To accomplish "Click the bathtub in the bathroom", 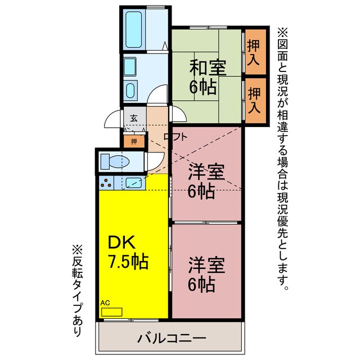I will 135,28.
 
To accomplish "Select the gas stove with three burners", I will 107,182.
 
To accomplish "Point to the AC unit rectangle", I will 111,311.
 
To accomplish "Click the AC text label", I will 105,303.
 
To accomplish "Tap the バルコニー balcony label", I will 172,339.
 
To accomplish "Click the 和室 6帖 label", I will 207,77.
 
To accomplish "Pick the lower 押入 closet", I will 254,101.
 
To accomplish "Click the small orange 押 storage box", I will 134,142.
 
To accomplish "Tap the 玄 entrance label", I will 134,118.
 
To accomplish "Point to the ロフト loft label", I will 175,136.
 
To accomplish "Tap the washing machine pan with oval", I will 131,89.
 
